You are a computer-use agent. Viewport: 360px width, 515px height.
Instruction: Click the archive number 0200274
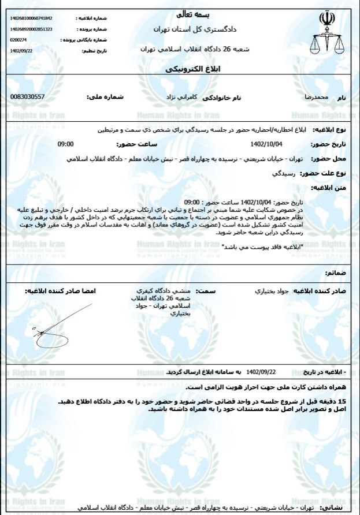pyautogui.click(x=18, y=40)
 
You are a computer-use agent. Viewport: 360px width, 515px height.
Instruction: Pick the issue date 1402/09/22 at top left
pyautogui.click(x=21, y=51)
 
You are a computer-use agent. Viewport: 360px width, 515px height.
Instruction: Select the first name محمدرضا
pyautogui.click(x=316, y=98)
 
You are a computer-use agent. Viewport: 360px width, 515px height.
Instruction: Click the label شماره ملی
pyautogui.click(x=105, y=97)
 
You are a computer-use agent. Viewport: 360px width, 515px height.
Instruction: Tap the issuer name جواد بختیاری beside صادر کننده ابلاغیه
pyautogui.click(x=272, y=291)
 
